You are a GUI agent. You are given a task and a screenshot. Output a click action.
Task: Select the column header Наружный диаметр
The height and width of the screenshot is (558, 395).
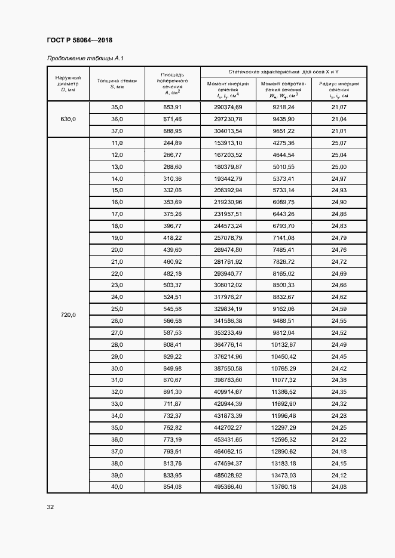click(68, 84)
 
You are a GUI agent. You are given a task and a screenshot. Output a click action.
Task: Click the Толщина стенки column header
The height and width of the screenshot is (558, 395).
click(116, 84)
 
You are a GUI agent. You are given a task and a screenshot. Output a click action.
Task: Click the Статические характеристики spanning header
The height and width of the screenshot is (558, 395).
click(283, 71)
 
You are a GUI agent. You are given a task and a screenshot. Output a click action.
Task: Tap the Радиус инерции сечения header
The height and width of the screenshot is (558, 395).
click(339, 90)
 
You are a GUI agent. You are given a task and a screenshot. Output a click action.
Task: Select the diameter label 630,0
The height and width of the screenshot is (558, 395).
click(68, 119)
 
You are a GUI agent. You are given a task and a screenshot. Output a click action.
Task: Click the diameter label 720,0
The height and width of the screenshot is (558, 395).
click(68, 315)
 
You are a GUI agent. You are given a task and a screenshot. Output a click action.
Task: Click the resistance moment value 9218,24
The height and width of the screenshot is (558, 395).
click(283, 107)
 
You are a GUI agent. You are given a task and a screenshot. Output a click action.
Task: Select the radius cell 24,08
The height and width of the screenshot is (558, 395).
click(339, 487)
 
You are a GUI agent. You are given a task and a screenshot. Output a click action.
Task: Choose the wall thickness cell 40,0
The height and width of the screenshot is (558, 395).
click(117, 487)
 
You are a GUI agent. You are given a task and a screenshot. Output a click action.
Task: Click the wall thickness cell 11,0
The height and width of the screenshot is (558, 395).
click(117, 143)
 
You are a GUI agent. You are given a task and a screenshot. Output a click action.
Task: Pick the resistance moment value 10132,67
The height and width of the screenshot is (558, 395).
click(283, 344)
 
